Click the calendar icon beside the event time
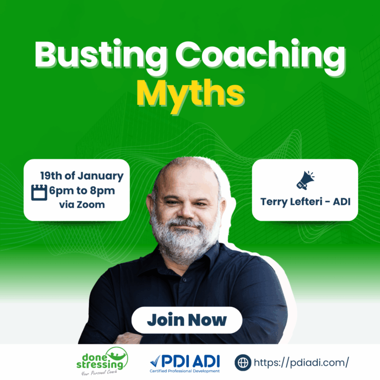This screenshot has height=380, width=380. pyautogui.click(x=39, y=192)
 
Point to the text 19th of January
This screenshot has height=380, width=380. pyautogui.click(x=82, y=176)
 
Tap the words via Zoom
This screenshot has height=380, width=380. pyautogui.click(x=82, y=204)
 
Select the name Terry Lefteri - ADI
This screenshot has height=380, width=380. pyautogui.click(x=304, y=202)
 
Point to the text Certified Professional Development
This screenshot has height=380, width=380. pyautogui.click(x=185, y=371)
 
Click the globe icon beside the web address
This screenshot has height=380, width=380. pyautogui.click(x=242, y=362)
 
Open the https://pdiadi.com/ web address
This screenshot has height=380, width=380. pyautogui.click(x=301, y=362)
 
